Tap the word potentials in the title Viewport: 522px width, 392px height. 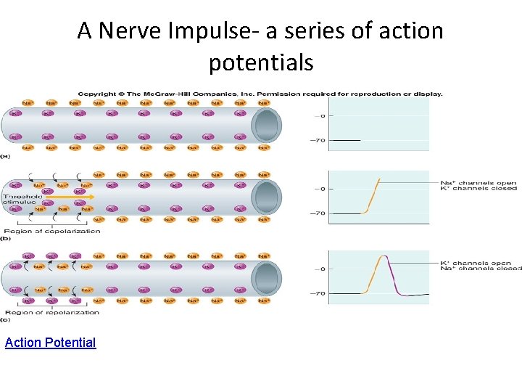point(261,63)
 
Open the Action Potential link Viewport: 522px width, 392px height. point(50,342)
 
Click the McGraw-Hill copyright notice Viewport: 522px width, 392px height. point(260,94)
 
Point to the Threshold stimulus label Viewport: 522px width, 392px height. point(22,200)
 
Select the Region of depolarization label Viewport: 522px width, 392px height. point(51,232)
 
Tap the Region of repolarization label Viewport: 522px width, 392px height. point(51,312)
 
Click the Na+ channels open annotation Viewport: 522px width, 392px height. point(478,182)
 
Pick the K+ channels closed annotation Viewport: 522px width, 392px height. point(478,189)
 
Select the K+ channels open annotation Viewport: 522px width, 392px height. point(476,263)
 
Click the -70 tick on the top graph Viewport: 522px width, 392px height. point(320,140)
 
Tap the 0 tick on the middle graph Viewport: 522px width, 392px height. point(323,189)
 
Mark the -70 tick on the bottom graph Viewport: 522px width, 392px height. point(320,293)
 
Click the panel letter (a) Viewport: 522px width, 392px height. point(5,155)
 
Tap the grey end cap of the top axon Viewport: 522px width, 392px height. point(266,126)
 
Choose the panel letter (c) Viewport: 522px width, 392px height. point(5,319)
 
